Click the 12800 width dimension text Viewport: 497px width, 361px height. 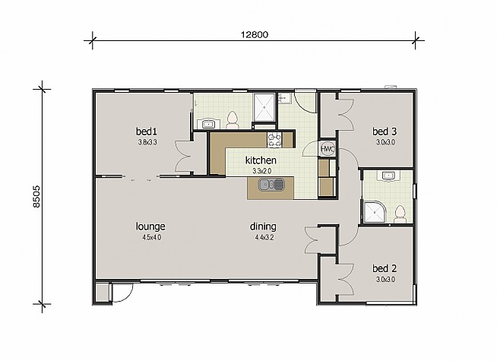(255, 34)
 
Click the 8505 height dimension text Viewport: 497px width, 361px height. (36, 197)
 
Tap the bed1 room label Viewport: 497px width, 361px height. (146, 131)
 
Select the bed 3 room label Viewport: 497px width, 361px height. (385, 131)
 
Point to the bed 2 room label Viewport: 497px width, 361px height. (385, 268)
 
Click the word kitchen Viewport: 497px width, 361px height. (261, 160)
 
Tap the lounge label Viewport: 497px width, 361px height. (150, 226)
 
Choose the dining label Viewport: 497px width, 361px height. (263, 226)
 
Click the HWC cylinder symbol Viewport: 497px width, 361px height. (327, 148)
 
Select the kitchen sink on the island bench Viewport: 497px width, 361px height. (271, 185)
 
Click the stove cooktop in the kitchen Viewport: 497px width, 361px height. (274, 140)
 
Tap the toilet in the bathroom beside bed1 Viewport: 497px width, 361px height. (233, 120)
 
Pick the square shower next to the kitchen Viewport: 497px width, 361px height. (264, 107)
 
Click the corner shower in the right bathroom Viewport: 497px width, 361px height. (375, 212)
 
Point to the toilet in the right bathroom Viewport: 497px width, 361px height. (400, 214)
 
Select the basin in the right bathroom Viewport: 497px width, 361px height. (388, 176)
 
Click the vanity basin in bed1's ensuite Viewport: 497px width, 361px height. (207, 124)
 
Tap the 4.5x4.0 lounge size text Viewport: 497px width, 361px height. (152, 237)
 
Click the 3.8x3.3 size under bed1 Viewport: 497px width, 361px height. (147, 142)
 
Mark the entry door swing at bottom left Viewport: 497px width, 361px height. (122, 293)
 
